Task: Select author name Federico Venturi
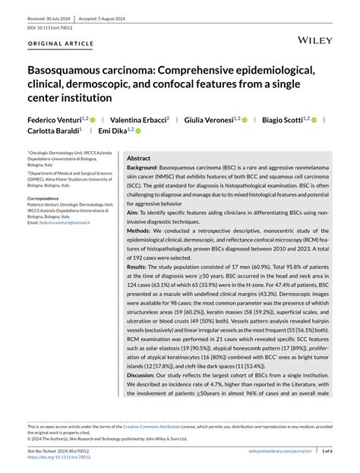click(x=55, y=119)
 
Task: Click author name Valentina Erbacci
click(x=137, y=119)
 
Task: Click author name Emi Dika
click(x=112, y=131)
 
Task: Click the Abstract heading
click(x=139, y=158)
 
